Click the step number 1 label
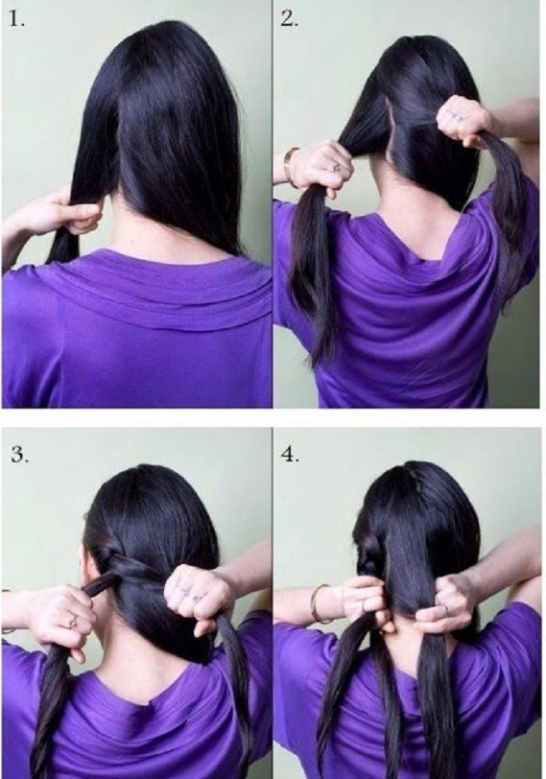coord(16,18)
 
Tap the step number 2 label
coord(288,18)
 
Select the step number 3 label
coord(18,454)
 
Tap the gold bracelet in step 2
coord(288,163)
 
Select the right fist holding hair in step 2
coord(464,121)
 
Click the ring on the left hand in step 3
coord(70,622)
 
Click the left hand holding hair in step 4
coord(363,600)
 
